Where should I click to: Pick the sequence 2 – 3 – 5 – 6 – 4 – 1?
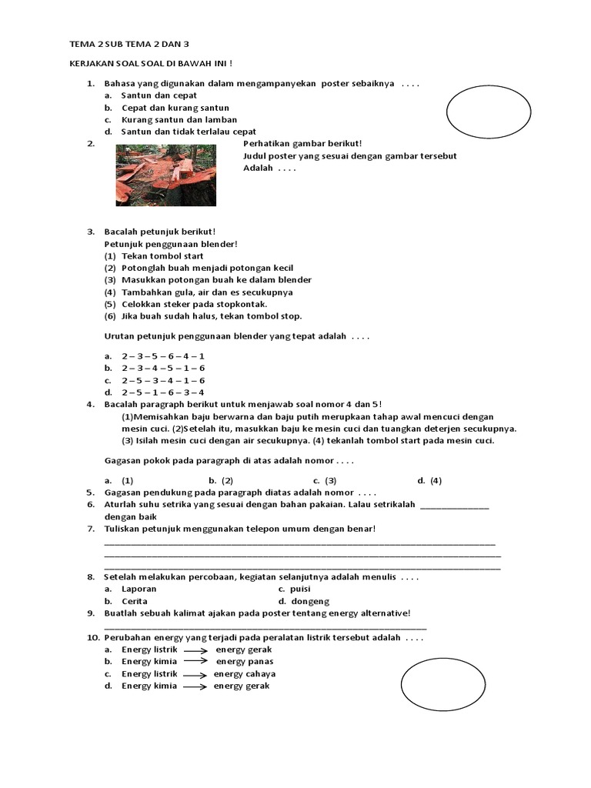(163, 356)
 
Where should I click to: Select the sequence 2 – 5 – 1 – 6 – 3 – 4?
(163, 392)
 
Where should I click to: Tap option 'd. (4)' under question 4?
(429, 480)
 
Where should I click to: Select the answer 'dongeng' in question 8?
(310, 601)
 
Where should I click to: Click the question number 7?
(90, 529)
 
